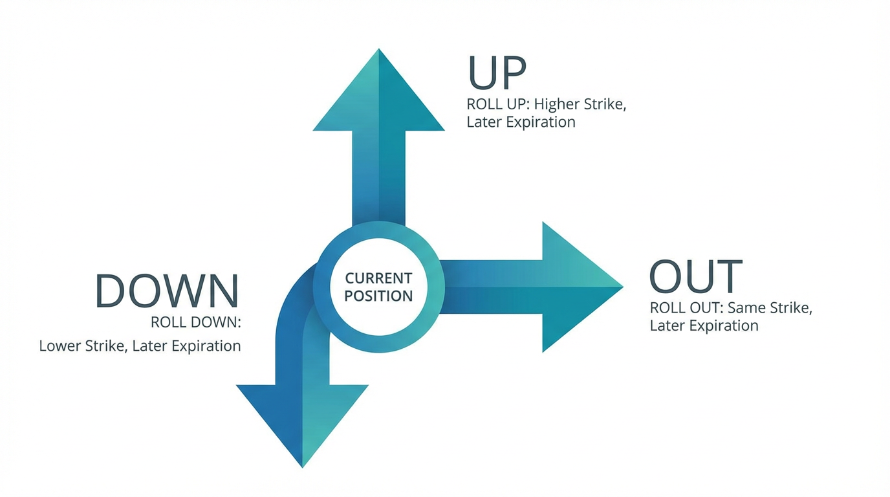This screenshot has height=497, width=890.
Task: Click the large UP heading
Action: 497,72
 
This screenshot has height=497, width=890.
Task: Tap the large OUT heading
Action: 695,276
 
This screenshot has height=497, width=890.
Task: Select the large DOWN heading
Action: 167,291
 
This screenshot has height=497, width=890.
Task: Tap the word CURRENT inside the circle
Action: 378,278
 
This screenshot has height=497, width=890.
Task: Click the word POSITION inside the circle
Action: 378,296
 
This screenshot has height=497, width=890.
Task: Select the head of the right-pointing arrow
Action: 576,287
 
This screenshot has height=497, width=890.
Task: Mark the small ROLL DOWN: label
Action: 195,322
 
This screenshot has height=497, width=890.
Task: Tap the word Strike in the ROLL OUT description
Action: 788,307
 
